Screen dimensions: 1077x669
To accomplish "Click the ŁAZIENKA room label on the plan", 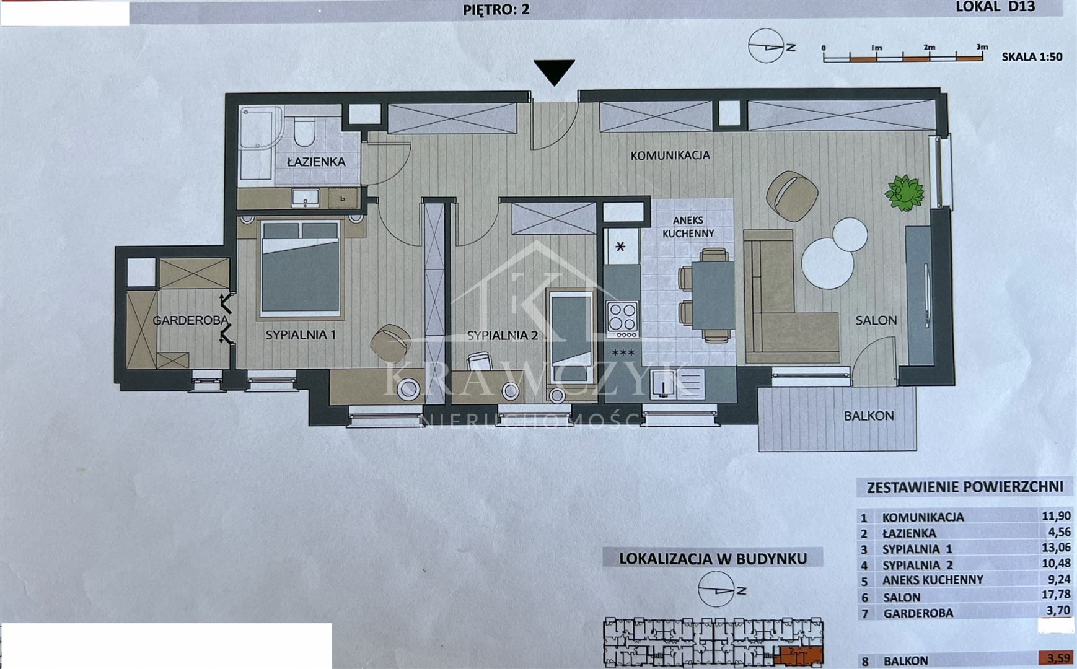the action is (316, 162).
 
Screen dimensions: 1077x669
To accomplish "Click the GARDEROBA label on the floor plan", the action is (190, 320).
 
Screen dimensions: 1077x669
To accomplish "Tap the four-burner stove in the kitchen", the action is (622, 318).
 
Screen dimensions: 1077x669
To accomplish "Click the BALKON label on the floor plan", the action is (869, 416).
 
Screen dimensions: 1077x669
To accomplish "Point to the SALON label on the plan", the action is (876, 320).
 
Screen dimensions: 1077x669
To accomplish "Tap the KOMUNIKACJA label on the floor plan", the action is (670, 155).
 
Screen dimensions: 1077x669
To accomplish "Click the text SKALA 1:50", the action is (1032, 57).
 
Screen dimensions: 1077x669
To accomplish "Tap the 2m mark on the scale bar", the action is (929, 48).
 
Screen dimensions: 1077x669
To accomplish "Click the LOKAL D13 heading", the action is (995, 7).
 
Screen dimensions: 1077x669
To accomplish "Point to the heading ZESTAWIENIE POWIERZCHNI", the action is (965, 487).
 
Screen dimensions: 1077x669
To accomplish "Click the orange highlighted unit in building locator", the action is (800, 655).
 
